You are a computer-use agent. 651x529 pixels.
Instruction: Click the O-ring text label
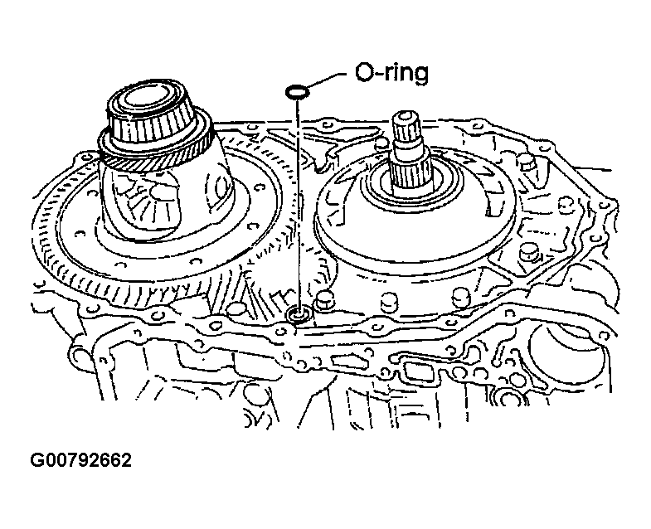pos(391,74)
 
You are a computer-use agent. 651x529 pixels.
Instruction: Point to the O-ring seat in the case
pos(300,314)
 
